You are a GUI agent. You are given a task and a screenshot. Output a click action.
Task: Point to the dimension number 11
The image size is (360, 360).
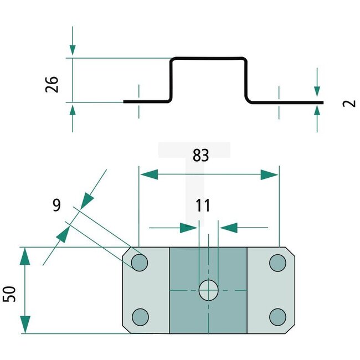pos(203,206)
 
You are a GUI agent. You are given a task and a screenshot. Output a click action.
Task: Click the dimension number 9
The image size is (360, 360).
pos(56,205)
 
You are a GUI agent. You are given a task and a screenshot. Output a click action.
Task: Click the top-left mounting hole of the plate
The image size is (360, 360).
pos(140,263)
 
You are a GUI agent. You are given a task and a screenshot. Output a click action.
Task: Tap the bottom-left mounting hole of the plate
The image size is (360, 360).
pos(141,317)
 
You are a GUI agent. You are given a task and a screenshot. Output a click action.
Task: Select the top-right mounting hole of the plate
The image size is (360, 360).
pos(277,263)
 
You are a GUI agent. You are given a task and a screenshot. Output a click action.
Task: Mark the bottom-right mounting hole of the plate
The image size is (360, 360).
pos(277,317)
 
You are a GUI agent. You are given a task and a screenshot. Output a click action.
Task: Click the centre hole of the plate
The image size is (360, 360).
pos(208,290)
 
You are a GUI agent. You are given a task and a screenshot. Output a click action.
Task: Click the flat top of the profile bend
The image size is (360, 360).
pos(208,58)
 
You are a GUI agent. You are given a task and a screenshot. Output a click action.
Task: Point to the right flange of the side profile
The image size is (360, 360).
pos(285,102)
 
